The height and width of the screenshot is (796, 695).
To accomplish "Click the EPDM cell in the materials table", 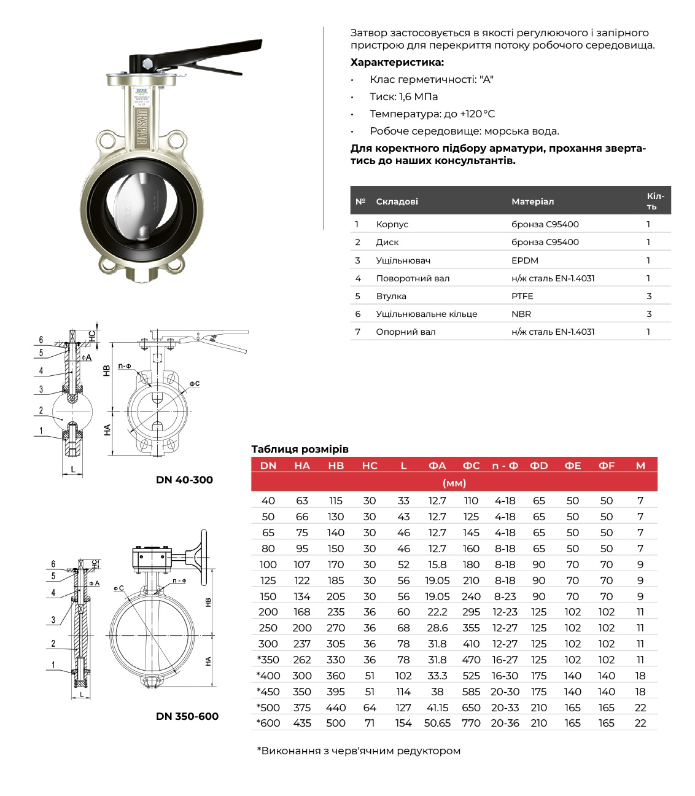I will (x=524, y=260).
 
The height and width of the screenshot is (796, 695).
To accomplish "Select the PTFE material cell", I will (x=522, y=296).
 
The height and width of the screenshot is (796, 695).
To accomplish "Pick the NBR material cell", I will (x=521, y=314).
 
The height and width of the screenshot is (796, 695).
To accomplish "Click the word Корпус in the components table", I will (x=392, y=224).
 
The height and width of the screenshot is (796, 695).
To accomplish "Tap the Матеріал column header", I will (x=532, y=201).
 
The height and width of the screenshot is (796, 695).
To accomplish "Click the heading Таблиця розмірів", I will (x=300, y=449).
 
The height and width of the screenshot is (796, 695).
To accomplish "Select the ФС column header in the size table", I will (x=471, y=466).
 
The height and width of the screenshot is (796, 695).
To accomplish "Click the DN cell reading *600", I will (x=268, y=723).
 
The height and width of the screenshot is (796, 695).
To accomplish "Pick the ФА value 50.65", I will (x=437, y=723).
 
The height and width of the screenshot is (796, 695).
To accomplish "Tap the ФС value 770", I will (x=471, y=723).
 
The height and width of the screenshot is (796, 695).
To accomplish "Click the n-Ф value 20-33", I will (x=505, y=708).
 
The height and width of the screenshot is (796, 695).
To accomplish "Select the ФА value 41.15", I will (x=437, y=708).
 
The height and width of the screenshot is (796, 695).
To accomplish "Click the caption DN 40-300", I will (x=184, y=480).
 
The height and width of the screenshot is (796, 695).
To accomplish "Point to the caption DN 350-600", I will (x=187, y=716).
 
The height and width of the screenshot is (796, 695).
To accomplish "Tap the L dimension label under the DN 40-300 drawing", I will (x=73, y=469).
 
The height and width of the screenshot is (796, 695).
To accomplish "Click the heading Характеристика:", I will (x=397, y=62).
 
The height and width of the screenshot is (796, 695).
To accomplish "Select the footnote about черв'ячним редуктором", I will (x=359, y=751).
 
